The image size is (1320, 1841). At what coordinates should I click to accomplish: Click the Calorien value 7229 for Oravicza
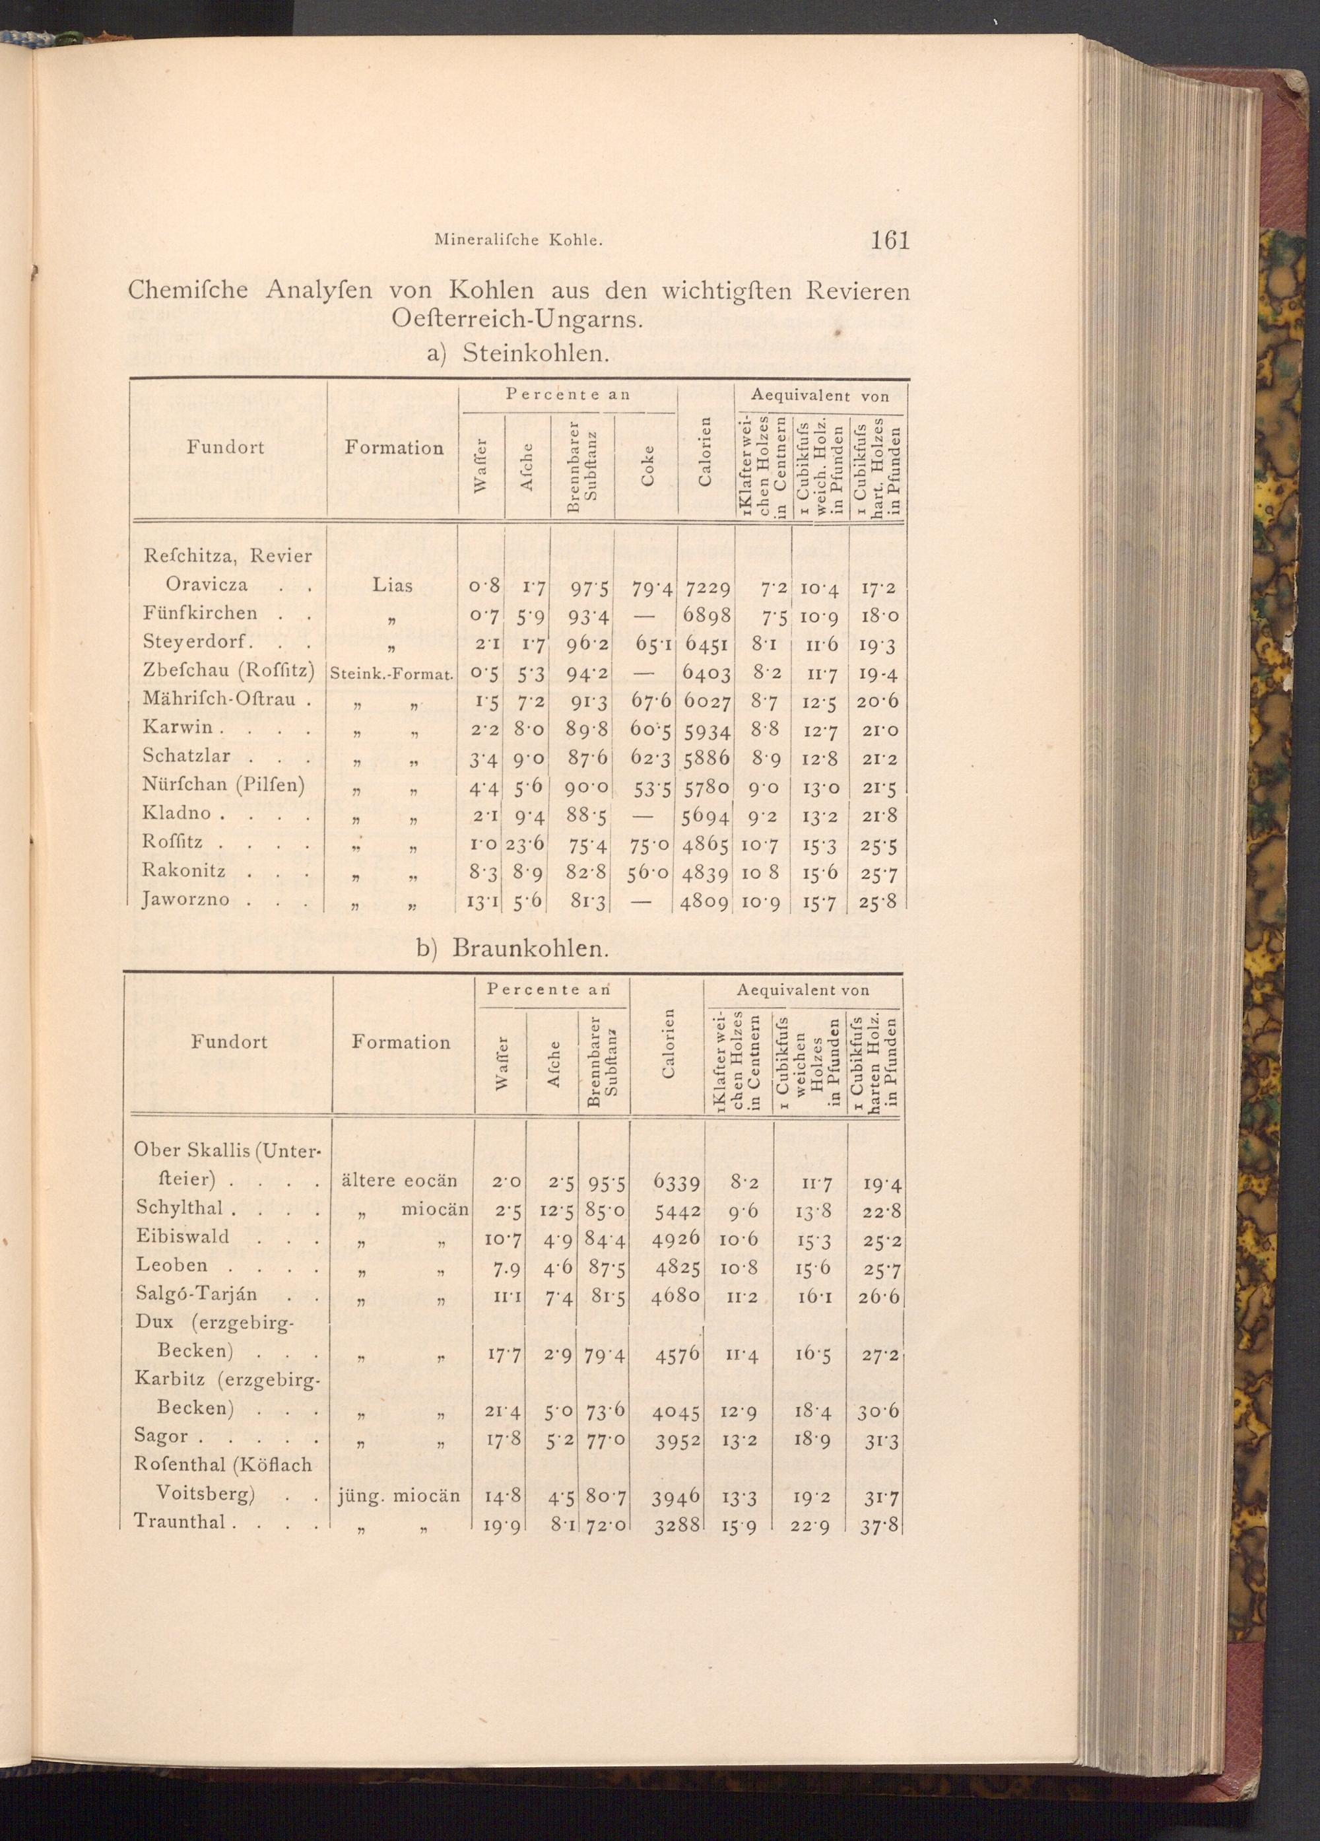pos(706,586)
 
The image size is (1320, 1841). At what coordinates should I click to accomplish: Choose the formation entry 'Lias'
pos(392,585)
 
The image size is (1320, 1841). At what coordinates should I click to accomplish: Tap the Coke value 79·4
pos(645,586)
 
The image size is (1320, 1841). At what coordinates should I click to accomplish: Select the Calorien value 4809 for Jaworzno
pos(705,900)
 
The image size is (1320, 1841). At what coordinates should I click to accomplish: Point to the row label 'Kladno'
pos(177,814)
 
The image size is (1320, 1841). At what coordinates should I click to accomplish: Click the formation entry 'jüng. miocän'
pos(399,1495)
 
